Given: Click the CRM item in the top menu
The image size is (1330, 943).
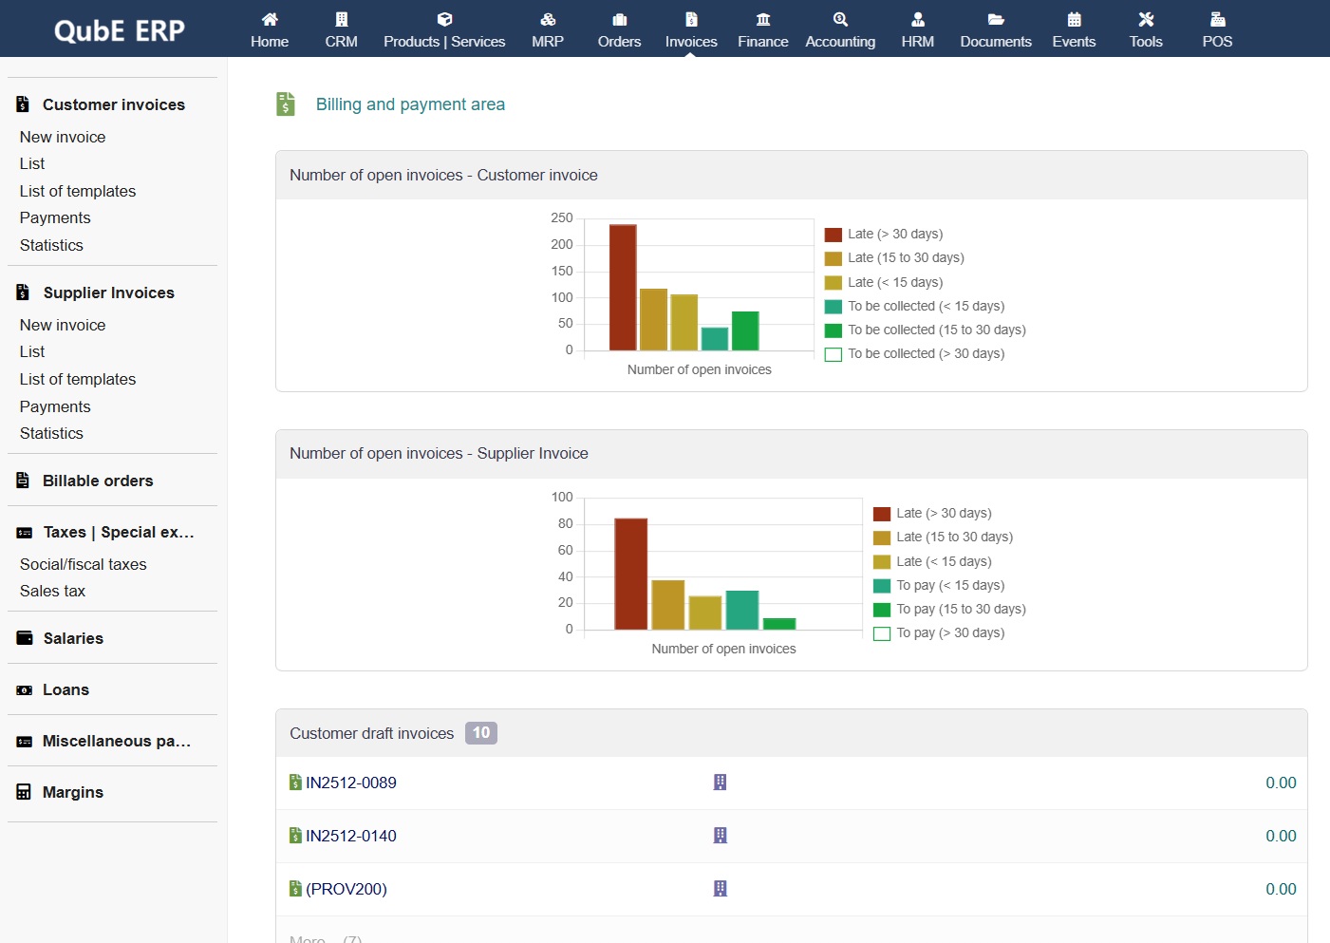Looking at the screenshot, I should point(341,30).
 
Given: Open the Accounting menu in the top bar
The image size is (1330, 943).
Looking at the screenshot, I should point(840,30).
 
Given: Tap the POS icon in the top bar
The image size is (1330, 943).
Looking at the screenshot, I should point(1217,20).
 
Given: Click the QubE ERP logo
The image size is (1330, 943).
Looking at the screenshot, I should point(120,30).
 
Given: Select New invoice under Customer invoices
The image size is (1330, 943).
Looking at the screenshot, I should point(63,137).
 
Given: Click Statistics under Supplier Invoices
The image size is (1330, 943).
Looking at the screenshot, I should point(51,433).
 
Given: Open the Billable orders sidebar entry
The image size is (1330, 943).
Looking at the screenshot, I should point(97,481).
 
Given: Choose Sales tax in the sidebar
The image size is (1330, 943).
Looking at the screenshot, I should point(52,591).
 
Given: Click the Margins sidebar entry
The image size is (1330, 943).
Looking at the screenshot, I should point(72,792).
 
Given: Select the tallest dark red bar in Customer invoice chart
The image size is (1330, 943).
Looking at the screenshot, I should point(623,287).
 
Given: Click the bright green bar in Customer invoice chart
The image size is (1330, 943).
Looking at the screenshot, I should point(745,330).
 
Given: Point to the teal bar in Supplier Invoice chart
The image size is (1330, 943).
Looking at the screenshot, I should point(741,610).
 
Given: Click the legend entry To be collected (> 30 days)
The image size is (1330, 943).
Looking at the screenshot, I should point(926,353).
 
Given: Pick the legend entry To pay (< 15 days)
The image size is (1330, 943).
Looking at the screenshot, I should point(949,585).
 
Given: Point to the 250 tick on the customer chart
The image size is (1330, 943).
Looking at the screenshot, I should point(562,217).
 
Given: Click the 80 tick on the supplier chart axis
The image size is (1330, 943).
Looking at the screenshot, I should point(565,523).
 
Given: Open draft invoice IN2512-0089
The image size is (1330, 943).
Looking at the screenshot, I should point(350,783).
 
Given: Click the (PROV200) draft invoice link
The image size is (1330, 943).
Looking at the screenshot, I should point(346,889).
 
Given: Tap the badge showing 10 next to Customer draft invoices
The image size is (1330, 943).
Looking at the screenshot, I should point(481,733).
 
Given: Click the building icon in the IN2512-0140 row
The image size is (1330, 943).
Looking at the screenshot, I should point(721,836).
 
